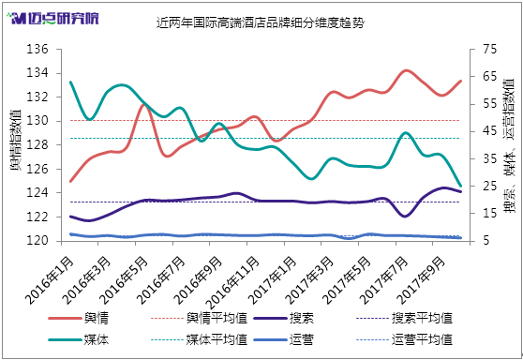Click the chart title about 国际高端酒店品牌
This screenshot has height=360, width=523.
(x=261, y=23)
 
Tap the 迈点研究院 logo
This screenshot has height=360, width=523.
(x=53, y=19)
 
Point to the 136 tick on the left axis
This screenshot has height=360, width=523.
(x=37, y=50)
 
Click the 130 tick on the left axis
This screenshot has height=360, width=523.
(x=37, y=121)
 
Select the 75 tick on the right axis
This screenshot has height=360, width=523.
(x=488, y=50)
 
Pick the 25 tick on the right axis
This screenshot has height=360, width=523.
(x=488, y=186)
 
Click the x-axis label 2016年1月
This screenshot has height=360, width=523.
(x=50, y=279)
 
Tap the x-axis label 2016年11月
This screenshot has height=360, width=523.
(x=232, y=282)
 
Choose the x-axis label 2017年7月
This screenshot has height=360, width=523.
(x=385, y=279)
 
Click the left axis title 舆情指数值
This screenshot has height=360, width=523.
(x=15, y=140)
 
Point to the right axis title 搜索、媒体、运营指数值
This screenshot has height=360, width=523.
(x=508, y=146)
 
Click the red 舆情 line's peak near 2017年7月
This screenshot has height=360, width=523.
(x=405, y=70)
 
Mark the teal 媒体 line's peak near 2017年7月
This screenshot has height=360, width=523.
(x=405, y=133)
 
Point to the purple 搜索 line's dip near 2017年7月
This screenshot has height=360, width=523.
(x=405, y=217)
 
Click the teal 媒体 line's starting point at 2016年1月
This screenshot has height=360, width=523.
(x=70, y=82)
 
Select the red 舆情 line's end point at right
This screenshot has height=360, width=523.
(x=461, y=81)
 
